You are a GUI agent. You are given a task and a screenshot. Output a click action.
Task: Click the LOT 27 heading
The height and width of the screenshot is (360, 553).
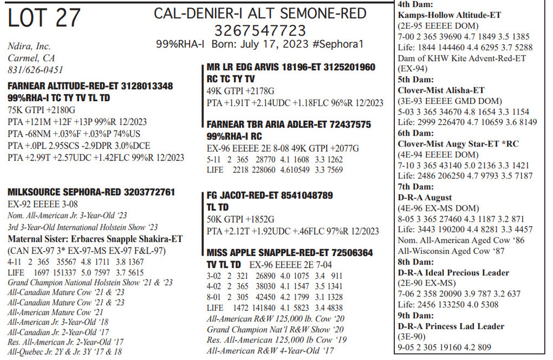coord(44,18)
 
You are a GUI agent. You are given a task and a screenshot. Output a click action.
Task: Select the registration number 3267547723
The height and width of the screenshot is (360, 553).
coord(260,29)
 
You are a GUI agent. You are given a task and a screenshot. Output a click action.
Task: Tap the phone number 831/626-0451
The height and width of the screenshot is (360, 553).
coord(35,70)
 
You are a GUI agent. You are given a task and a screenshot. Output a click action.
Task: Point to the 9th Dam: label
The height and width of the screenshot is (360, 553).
coord(416,316)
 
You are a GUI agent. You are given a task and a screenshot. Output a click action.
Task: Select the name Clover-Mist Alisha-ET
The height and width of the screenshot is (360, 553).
coord(441,90)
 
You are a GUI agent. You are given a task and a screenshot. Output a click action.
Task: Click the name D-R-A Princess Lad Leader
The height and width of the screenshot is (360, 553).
coord(451,326)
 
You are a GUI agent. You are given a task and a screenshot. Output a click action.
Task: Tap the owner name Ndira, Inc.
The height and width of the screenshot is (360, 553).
coord(29,46)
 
